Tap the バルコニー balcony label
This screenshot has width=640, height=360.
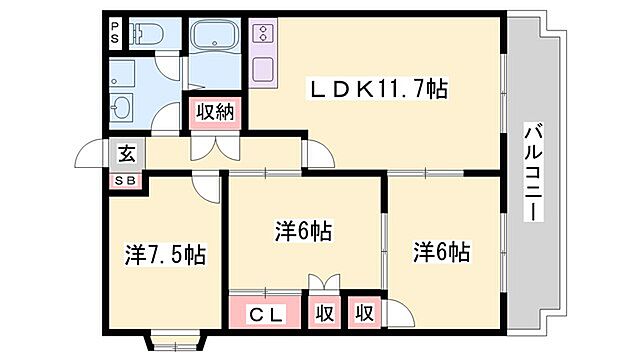click(533, 172)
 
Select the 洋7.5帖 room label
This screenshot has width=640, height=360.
click(165, 255)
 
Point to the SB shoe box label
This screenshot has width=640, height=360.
click(126, 180)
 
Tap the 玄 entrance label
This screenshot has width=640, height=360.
click(127, 155)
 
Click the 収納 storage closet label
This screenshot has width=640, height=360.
click(214, 112)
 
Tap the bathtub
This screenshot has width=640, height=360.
click(214, 40)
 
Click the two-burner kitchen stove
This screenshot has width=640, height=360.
click(265, 34)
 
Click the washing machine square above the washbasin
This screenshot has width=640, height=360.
click(123, 72)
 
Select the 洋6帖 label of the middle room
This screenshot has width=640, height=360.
click(304, 231)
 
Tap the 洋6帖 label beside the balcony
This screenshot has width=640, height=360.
click(441, 251)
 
